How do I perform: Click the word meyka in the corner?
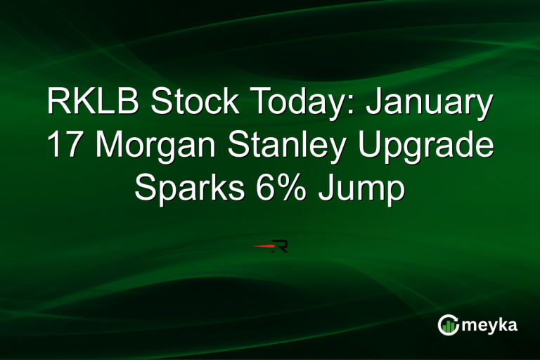coord(492,326)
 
